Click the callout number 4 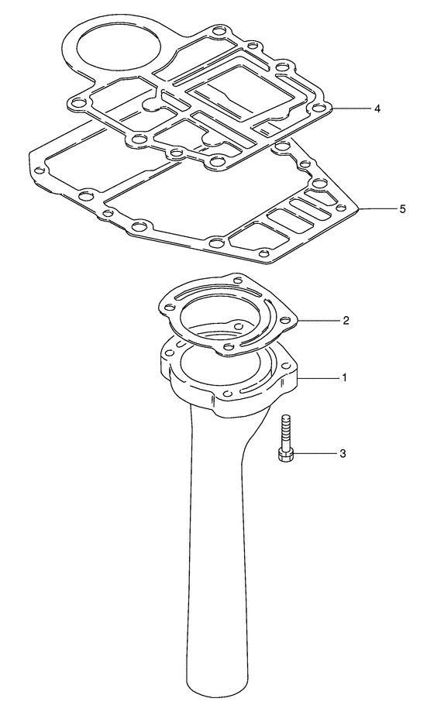[x=377, y=109]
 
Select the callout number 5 [x=401, y=209]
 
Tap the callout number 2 [x=346, y=321]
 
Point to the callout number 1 [x=344, y=377]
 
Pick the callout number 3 [x=343, y=453]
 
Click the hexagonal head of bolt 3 [x=285, y=456]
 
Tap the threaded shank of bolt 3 [x=285, y=432]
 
